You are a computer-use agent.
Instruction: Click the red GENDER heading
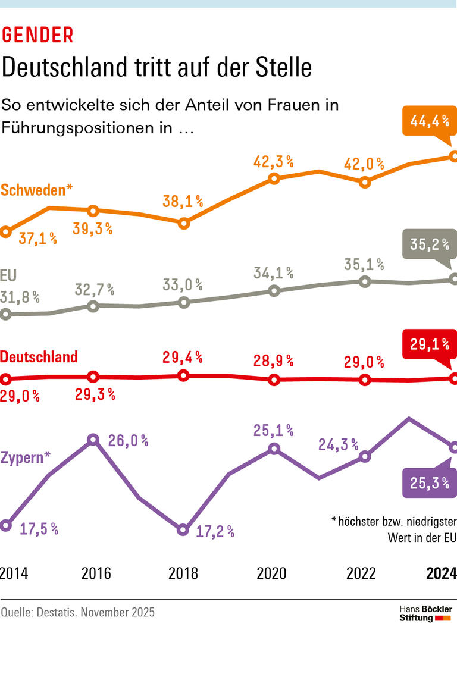click(x=37, y=36)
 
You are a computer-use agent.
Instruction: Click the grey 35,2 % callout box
click(x=428, y=244)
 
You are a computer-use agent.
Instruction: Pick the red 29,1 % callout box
click(x=428, y=344)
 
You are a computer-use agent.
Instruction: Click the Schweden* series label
click(x=37, y=190)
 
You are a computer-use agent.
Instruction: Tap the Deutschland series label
click(x=39, y=357)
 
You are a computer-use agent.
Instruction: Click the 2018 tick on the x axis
click(x=183, y=573)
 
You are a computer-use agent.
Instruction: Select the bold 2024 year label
click(x=441, y=573)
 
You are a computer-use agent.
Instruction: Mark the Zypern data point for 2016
click(x=93, y=440)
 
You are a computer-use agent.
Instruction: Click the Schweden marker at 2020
click(x=274, y=178)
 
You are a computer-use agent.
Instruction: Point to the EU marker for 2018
click(x=183, y=302)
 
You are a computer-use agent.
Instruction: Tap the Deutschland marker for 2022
click(x=365, y=380)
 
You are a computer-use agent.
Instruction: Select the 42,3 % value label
click(x=274, y=161)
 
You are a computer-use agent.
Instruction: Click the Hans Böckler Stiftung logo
click(x=425, y=613)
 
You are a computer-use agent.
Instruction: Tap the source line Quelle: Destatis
click(x=77, y=612)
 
